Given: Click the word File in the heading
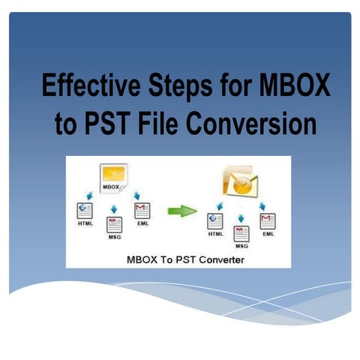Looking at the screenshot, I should click(x=168, y=124).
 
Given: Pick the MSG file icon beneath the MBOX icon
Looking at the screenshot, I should click(x=114, y=223).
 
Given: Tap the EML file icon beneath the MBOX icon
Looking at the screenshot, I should click(x=142, y=211).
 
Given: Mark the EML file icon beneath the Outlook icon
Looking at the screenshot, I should click(x=267, y=220).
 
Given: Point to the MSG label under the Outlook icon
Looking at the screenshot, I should click(x=241, y=245).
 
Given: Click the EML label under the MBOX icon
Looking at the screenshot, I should click(x=142, y=225).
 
